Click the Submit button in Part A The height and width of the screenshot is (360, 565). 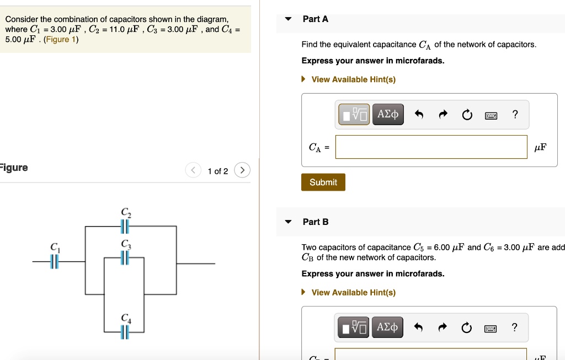323,182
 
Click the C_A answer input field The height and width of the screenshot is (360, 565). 431,147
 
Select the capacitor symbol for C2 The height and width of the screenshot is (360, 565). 125,226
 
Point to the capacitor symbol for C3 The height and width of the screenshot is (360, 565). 125,257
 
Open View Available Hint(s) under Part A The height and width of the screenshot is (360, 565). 353,79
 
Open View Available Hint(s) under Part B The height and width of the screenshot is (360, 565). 353,292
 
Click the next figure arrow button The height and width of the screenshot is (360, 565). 242,170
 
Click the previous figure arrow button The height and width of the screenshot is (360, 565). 193,170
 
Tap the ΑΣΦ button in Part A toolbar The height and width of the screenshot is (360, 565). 388,115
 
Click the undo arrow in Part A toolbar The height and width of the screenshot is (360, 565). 418,115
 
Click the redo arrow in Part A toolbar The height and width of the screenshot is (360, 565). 443,115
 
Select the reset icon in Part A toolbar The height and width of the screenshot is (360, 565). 467,115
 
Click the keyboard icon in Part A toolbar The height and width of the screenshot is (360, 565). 491,115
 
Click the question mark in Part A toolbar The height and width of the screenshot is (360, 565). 515,115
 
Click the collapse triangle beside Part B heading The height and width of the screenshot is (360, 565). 288,222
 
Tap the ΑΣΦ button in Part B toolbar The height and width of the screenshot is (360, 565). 388,327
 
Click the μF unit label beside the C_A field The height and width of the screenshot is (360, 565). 541,147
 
